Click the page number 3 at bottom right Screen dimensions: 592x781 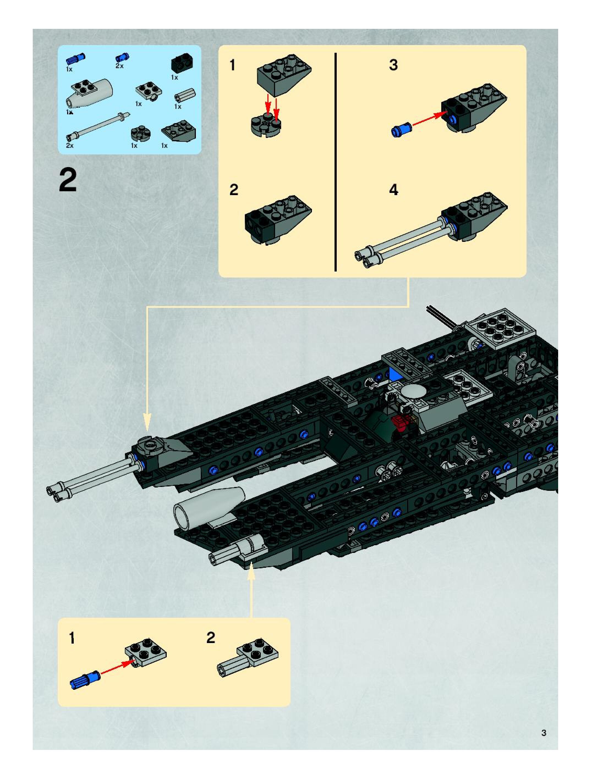544,733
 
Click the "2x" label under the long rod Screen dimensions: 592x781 70,145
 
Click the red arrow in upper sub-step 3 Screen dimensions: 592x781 428,119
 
